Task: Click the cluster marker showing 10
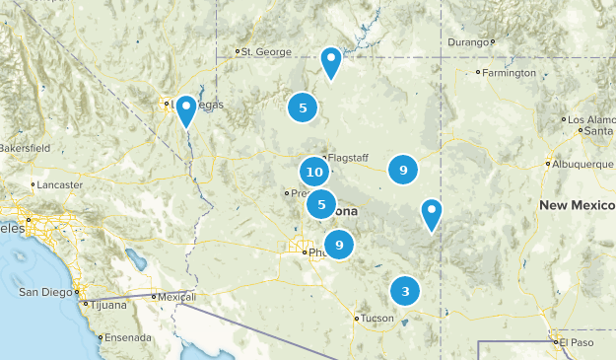pos(314,172)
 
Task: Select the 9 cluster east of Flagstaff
pos(402,170)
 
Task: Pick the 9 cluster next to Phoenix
pos(339,244)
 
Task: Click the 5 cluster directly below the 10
pos(321,204)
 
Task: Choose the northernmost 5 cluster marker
pos(303,108)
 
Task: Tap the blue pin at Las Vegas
pos(185,110)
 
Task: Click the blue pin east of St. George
pos(331,62)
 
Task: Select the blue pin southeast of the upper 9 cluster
pos(431,213)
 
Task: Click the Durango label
pos(467,42)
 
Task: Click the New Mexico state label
pos(577,204)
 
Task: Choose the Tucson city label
pos(376,319)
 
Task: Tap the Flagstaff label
pos(347,158)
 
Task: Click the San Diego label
pos(45,292)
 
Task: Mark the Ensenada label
pos(128,336)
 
